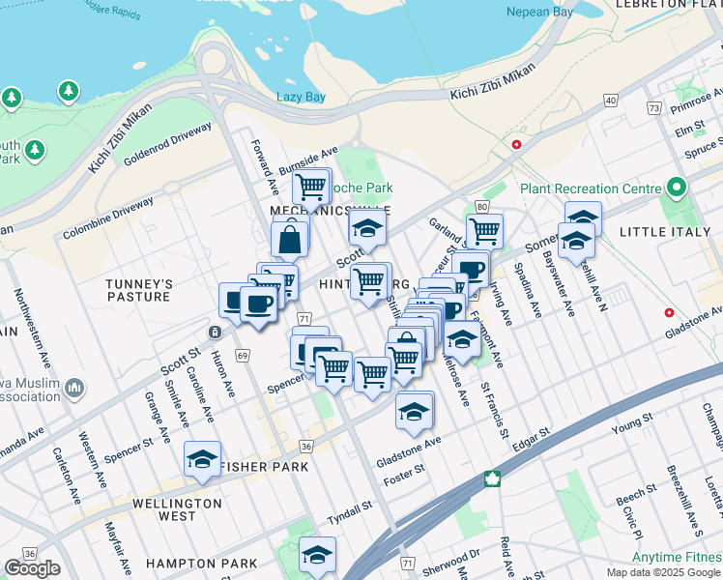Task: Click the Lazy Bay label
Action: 301,97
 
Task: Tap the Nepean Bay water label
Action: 539,13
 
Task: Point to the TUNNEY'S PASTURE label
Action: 139,290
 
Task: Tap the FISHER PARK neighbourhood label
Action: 264,467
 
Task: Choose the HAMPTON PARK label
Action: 201,564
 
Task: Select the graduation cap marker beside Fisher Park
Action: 202,459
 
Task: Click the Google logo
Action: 32,568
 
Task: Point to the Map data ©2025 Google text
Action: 664,572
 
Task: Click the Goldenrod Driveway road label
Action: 167,143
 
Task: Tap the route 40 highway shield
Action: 611,100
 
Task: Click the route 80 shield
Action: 481,206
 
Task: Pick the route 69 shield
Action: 242,357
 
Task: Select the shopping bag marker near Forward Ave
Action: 290,237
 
